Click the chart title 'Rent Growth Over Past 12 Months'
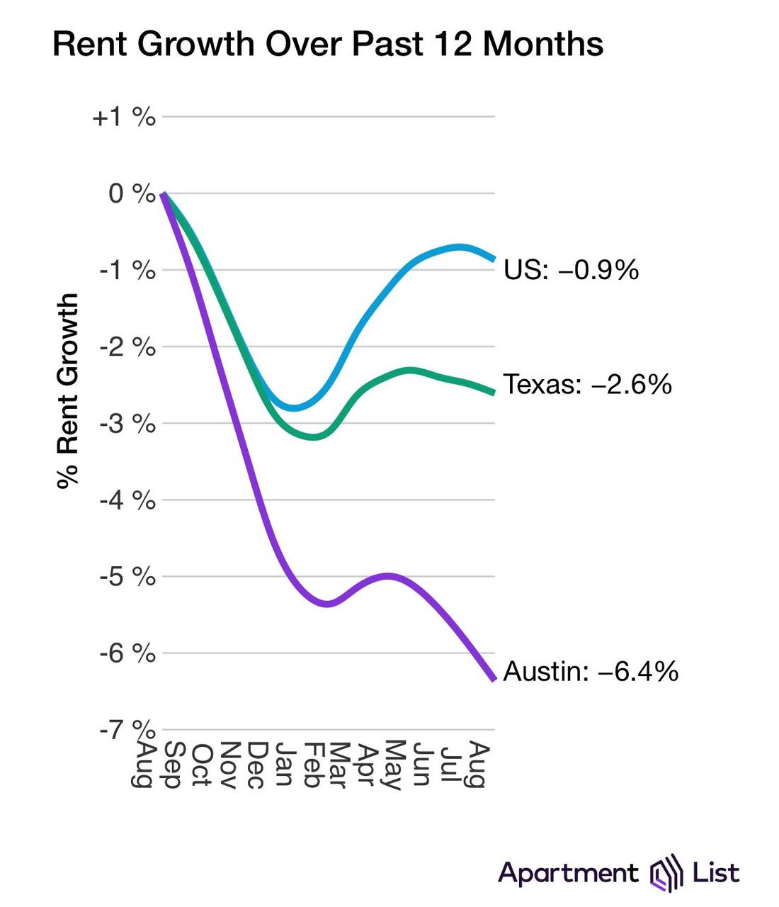click(x=328, y=44)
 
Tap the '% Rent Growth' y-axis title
click(x=67, y=390)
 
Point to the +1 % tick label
click(x=124, y=117)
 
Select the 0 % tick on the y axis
click(x=132, y=193)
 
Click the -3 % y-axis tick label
click(x=127, y=424)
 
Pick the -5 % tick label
click(x=127, y=577)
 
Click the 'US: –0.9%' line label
click(x=571, y=270)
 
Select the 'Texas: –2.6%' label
click(x=587, y=384)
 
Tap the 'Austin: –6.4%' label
click(x=591, y=671)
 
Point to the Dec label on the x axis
click(x=255, y=765)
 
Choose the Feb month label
click(x=312, y=765)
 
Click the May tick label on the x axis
click(x=394, y=765)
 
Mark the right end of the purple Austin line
click(x=494, y=680)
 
